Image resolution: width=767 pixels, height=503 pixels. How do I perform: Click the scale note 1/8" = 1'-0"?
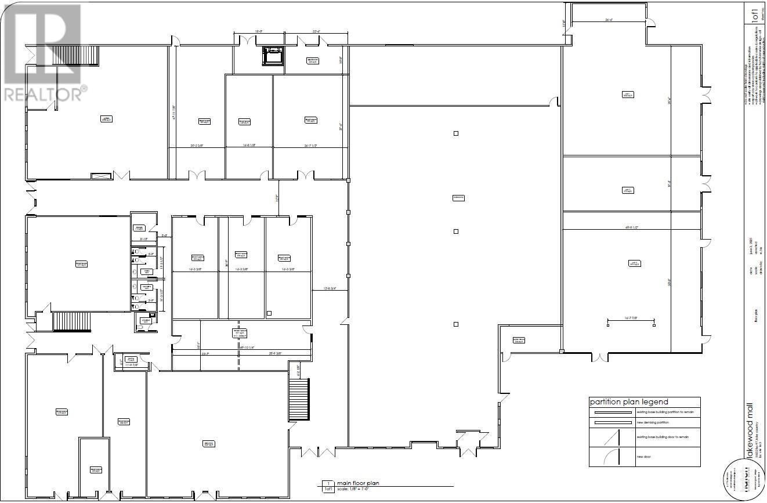[359, 490]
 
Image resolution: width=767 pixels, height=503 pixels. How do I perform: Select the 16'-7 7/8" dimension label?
[631, 317]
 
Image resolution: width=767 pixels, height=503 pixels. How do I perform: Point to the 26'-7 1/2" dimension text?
[311, 146]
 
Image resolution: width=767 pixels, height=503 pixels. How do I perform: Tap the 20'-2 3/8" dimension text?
[197, 146]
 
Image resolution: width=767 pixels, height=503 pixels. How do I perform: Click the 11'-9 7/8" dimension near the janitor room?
[131, 365]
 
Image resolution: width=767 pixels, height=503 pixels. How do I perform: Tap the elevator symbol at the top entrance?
[272, 55]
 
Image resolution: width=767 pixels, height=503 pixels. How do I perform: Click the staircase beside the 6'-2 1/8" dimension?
[299, 400]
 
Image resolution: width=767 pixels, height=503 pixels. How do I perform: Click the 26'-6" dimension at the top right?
[608, 19]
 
